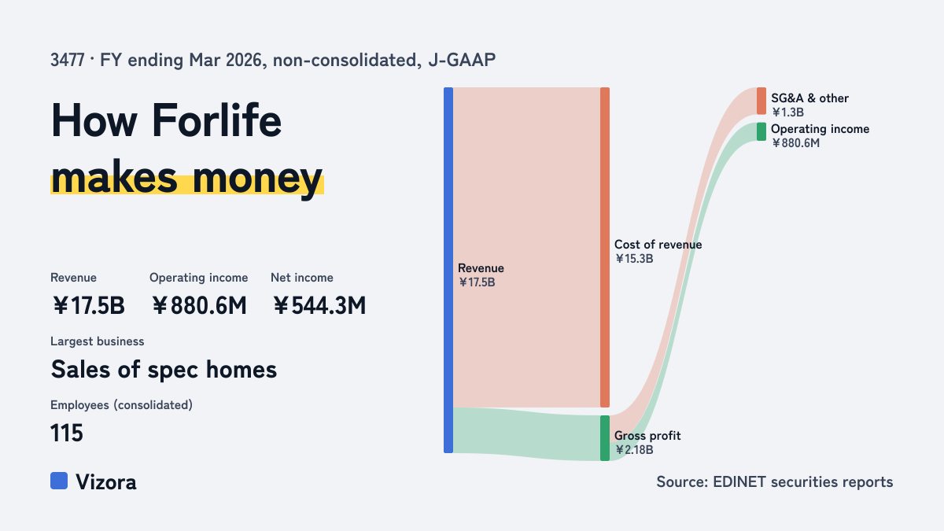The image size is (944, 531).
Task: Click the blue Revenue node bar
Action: point(448,270)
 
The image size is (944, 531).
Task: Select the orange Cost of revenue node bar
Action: point(605,247)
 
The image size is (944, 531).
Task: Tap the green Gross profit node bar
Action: point(605,438)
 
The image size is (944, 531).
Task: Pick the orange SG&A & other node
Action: point(761,101)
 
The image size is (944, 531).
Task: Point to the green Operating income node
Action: point(761,131)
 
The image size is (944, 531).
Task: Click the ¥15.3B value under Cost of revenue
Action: point(634,259)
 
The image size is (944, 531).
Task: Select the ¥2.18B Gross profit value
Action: point(634,450)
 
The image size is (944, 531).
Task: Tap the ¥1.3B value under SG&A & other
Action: point(787,112)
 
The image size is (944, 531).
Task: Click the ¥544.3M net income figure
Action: point(319,305)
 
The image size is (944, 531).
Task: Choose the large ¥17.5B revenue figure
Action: point(88,305)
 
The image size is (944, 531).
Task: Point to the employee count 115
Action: point(67,433)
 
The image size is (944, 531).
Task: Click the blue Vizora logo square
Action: point(59,481)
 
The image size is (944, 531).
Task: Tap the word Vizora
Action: point(105,482)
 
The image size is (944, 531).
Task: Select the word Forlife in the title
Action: point(216,121)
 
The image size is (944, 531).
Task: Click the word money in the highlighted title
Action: point(257,179)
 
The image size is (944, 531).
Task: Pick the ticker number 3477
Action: point(68,60)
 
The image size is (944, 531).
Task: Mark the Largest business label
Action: point(98,341)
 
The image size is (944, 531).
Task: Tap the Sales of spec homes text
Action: point(164,370)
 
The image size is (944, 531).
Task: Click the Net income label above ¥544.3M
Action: point(302,278)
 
